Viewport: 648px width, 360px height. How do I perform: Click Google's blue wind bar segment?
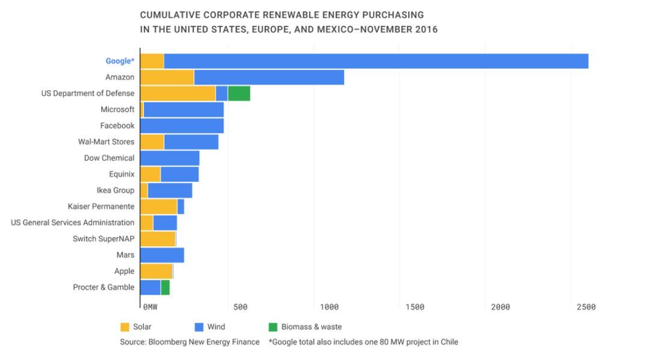tap(376, 61)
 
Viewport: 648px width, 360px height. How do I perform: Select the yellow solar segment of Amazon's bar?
tap(167, 77)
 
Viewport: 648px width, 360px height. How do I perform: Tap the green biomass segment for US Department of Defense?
tap(239, 93)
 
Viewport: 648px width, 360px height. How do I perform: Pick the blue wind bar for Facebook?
tap(182, 125)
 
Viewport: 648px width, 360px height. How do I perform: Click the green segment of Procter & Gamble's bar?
tap(165, 287)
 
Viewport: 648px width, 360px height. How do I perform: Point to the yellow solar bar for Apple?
tap(156, 271)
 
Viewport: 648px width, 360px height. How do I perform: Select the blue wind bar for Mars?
tap(162, 255)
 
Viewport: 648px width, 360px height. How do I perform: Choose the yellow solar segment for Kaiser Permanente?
tap(158, 206)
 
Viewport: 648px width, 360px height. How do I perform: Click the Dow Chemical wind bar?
tap(170, 158)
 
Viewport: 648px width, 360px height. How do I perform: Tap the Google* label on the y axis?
tap(120, 61)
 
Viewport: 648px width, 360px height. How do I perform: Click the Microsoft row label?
tap(118, 110)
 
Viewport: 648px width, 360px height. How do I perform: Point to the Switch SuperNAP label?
tap(103, 239)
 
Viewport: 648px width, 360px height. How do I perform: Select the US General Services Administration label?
tap(73, 223)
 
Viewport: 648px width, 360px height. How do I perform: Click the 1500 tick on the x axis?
tap(415, 307)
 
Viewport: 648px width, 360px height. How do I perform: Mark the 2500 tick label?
tap(585, 307)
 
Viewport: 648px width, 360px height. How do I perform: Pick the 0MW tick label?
tap(150, 307)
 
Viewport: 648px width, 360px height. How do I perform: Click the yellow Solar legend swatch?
tap(125, 327)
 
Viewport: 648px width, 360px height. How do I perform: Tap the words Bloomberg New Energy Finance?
tap(205, 342)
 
